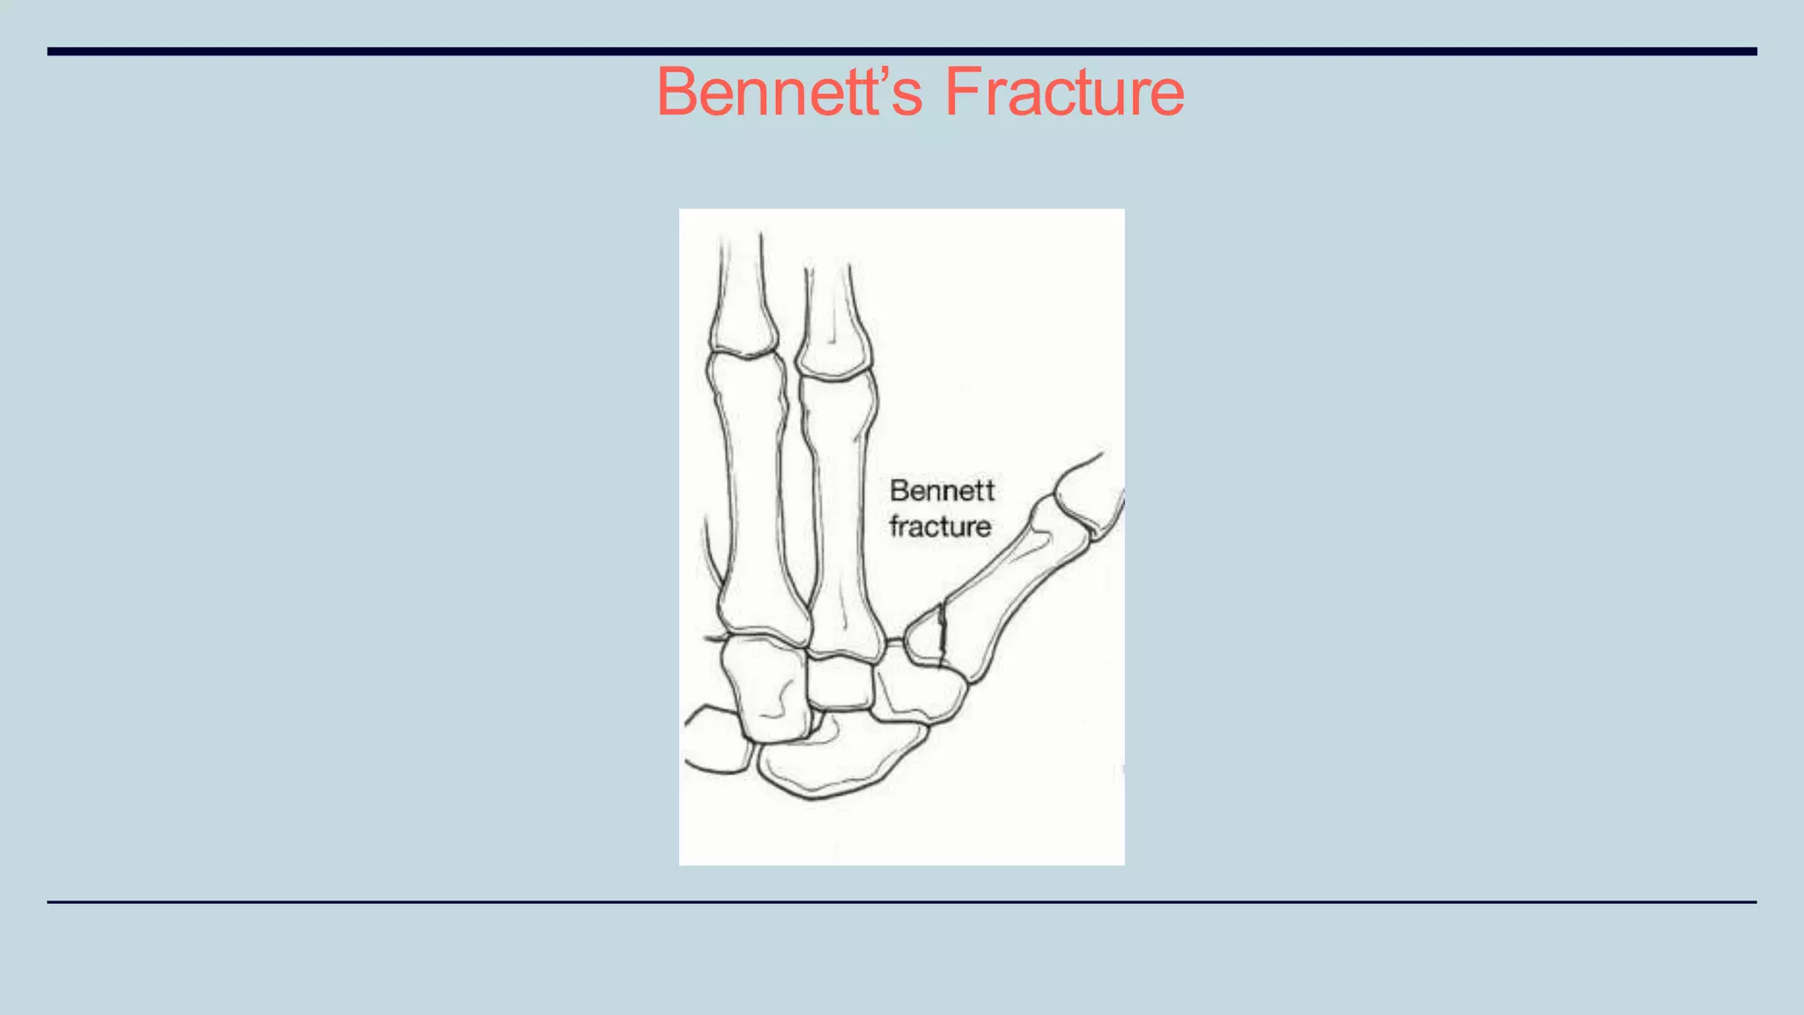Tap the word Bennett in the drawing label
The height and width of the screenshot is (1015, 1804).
pyautogui.click(x=942, y=491)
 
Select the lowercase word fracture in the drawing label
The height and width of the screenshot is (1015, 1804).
pyautogui.click(x=940, y=527)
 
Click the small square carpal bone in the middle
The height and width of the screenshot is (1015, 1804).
pyautogui.click(x=840, y=683)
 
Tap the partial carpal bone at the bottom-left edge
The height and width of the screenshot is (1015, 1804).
pyautogui.click(x=715, y=740)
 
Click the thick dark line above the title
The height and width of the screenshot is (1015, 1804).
pyautogui.click(x=902, y=51)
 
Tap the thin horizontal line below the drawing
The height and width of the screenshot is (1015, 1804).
pyautogui.click(x=902, y=901)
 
